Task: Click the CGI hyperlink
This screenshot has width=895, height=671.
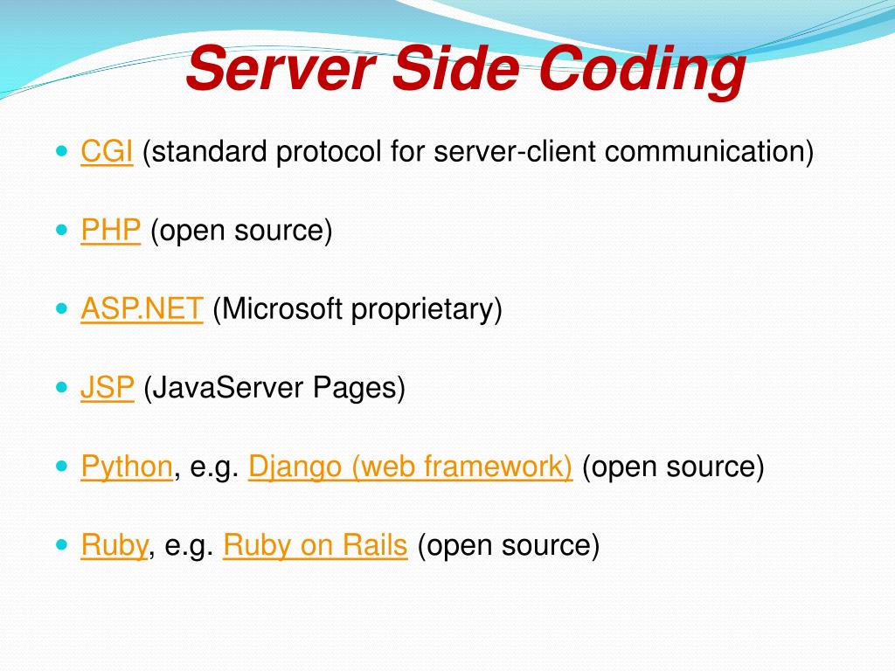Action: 107,152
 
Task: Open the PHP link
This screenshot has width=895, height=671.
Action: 111,231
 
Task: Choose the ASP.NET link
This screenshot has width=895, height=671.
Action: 142,309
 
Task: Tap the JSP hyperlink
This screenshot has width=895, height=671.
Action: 108,388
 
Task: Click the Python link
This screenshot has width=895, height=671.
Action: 127,467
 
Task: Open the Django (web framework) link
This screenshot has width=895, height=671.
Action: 410,467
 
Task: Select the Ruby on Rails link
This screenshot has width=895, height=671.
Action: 316,545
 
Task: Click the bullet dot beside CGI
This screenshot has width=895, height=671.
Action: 61,151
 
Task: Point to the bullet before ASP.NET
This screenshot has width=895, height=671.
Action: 61,308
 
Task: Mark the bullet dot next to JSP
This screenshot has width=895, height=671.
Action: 61,387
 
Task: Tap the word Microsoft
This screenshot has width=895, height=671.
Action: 281,309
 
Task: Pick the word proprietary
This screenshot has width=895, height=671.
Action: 427,309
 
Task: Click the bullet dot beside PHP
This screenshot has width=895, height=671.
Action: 61,230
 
